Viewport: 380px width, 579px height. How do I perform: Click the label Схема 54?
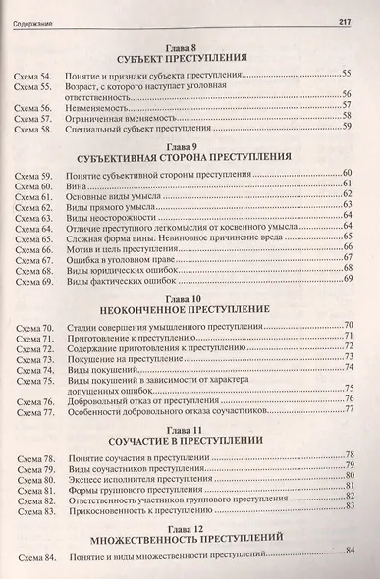click(32, 75)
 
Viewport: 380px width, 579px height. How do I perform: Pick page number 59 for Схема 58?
click(347, 127)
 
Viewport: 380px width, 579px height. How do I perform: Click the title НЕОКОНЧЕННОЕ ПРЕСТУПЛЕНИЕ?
click(191, 308)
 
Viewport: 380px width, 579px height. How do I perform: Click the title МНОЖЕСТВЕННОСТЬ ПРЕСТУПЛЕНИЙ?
click(191, 538)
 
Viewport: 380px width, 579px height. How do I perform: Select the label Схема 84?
click(32, 559)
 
